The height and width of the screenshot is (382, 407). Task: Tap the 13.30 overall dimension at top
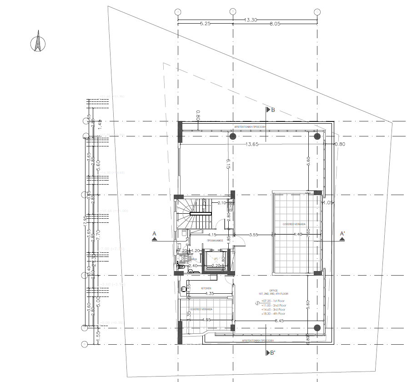click(x=251, y=20)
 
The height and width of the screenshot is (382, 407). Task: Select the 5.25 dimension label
click(x=205, y=25)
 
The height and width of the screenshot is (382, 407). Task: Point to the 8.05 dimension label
click(x=276, y=25)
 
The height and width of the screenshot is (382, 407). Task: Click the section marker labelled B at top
click(x=271, y=110)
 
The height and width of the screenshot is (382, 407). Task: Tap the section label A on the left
click(x=154, y=234)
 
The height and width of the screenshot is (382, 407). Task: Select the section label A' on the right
click(x=342, y=234)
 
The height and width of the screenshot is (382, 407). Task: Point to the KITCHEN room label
click(x=206, y=289)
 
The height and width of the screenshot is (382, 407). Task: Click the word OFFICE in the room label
click(x=273, y=290)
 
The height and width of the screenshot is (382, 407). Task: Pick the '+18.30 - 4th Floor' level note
click(x=273, y=313)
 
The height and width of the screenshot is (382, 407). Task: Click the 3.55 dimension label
click(x=254, y=235)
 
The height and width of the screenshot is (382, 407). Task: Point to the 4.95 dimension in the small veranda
click(x=206, y=320)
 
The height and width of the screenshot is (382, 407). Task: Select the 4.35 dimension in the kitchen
click(x=209, y=294)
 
